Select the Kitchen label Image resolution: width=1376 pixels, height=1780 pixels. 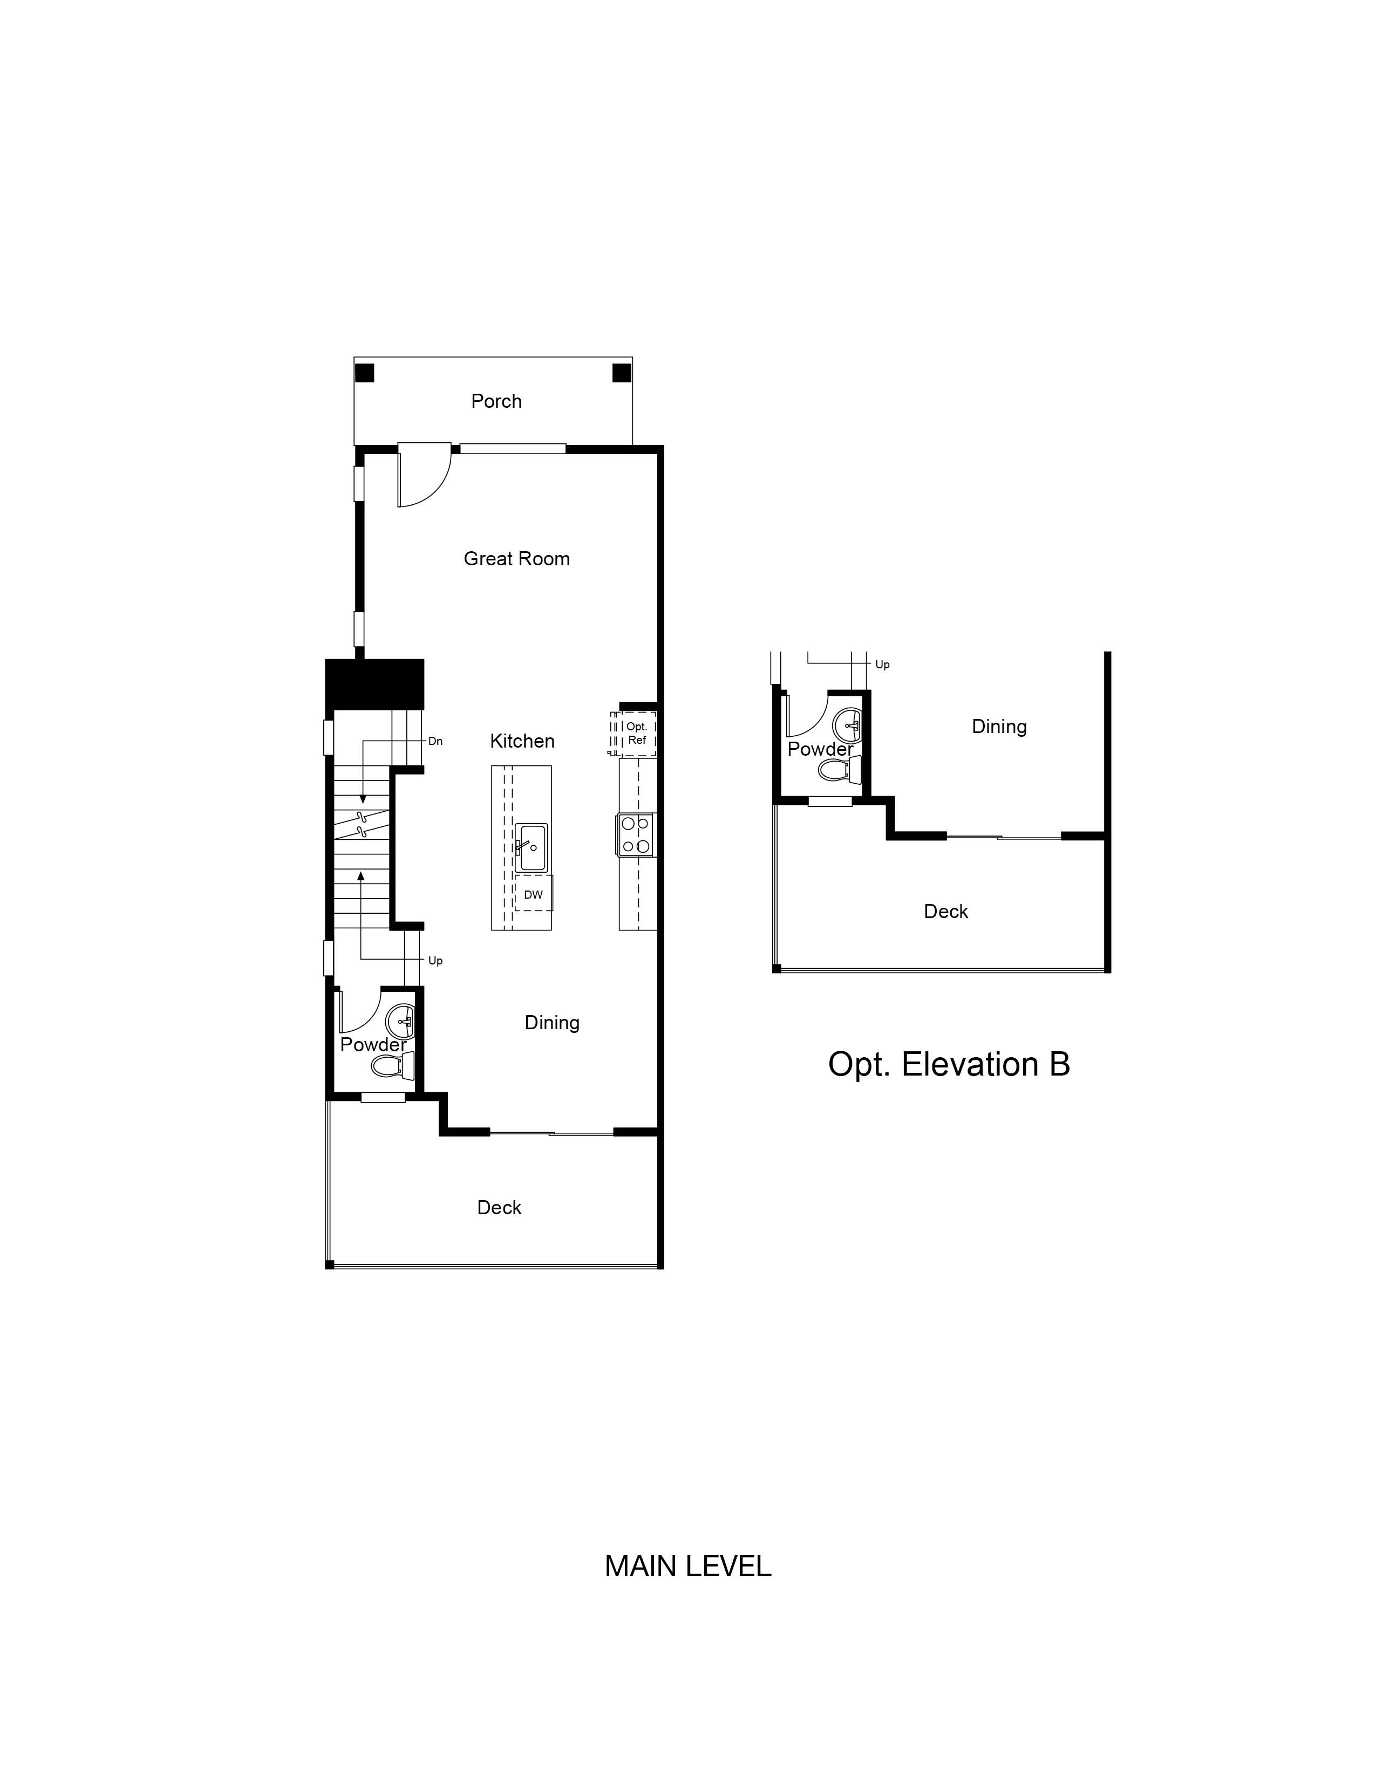click(x=522, y=741)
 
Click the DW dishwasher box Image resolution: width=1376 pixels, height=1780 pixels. click(x=533, y=894)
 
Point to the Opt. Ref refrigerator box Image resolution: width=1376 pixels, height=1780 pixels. click(x=636, y=732)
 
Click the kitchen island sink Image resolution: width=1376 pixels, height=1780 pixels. click(x=530, y=847)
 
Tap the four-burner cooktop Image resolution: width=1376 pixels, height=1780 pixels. click(x=636, y=834)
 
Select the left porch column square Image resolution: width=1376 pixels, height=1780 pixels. click(x=364, y=373)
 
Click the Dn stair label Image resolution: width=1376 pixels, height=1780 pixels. click(x=435, y=741)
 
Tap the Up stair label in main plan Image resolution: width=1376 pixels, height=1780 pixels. click(x=435, y=961)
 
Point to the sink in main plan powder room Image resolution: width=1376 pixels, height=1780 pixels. click(x=401, y=1019)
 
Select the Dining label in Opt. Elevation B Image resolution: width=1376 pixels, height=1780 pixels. click(x=999, y=726)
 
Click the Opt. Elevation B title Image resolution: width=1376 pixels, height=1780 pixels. click(x=948, y=1064)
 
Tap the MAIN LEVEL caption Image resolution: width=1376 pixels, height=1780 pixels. click(x=687, y=1566)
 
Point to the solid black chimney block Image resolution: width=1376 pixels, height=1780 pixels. click(x=374, y=684)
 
